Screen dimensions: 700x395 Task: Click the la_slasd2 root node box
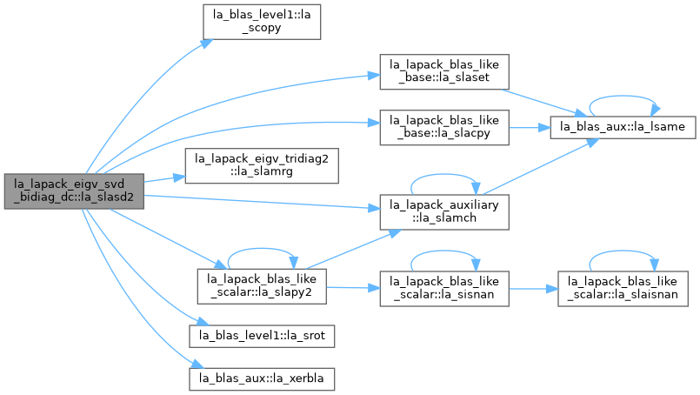[74, 191]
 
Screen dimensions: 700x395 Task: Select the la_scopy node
[262, 22]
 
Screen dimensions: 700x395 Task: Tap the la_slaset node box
[444, 72]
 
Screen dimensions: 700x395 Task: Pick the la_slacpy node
[444, 127]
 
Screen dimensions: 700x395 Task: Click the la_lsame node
[623, 127]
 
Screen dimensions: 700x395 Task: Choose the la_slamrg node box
[262, 166]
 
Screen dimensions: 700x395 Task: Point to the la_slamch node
[444, 212]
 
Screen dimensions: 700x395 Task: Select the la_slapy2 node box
[262, 286]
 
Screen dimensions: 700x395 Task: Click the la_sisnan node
[444, 289]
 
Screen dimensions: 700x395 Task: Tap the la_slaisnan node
[623, 289]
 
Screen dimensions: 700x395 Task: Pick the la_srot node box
[262, 337]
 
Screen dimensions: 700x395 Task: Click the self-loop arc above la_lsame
[623, 96]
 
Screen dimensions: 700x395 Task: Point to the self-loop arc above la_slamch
[444, 174]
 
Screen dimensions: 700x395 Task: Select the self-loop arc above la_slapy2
[262, 249]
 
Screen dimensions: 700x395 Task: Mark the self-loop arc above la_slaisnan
[623, 251]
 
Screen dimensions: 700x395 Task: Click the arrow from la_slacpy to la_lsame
[530, 128]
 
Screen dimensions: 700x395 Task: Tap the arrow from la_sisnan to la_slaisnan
[534, 289]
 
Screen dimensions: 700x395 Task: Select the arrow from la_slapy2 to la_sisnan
[353, 288]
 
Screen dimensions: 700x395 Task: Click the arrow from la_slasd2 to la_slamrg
[164, 179]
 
